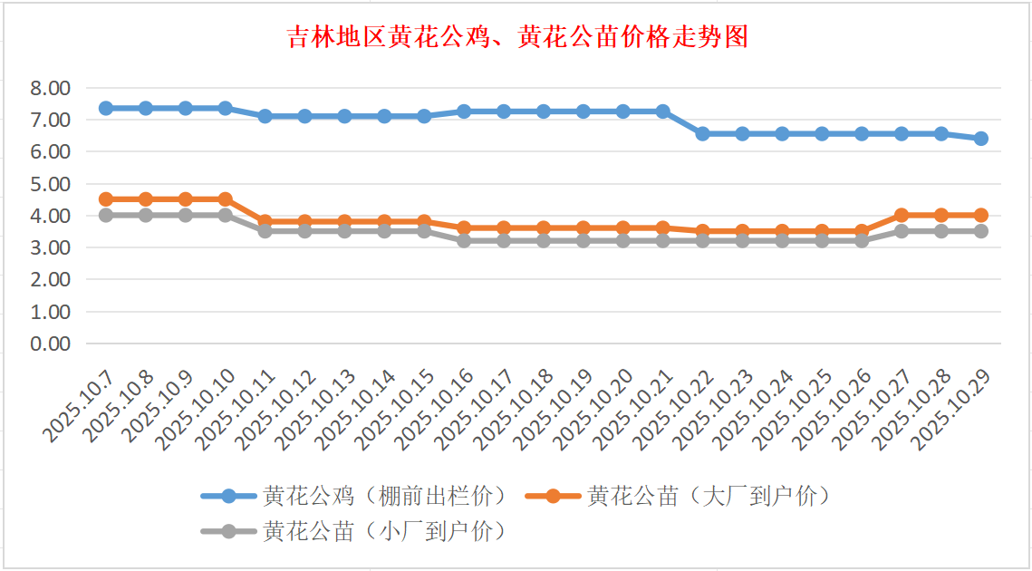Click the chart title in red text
tap(516, 37)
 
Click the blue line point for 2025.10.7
tap(106, 108)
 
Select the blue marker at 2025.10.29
tap(980, 139)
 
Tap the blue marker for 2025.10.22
tap(702, 133)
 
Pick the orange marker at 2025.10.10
tap(226, 199)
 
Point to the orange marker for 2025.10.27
tap(902, 216)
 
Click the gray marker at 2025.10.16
tap(464, 241)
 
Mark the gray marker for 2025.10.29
tap(980, 231)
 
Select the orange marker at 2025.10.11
tap(265, 221)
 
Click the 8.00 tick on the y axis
tap(50, 88)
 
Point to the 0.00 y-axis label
tap(50, 344)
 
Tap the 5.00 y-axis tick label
tap(50, 184)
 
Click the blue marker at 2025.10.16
tap(464, 111)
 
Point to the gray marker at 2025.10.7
tap(106, 216)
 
